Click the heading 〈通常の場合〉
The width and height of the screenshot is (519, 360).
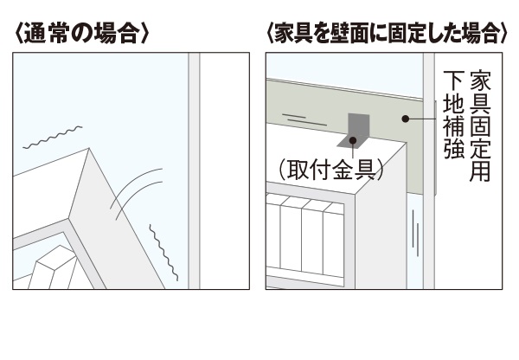coord(84,35)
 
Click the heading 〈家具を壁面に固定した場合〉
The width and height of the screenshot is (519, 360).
coord(387,35)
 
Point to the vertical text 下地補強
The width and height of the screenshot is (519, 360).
coord(452,113)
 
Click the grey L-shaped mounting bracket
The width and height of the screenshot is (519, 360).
coord(356,131)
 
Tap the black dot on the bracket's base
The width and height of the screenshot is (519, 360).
coord(353,139)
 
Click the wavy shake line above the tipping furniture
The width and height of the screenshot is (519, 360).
coord(54,138)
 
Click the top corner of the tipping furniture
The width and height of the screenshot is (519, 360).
coord(88,152)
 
